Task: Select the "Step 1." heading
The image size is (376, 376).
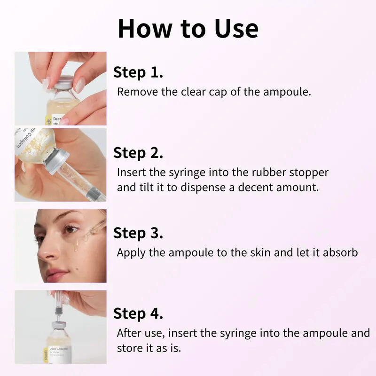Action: [x=138, y=72]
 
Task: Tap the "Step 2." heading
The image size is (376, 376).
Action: [x=138, y=153]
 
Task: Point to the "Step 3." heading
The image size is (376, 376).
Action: [x=138, y=233]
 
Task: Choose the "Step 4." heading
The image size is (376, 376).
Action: [x=138, y=313]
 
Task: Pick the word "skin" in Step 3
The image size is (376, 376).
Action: [x=261, y=252]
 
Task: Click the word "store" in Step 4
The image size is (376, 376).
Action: [x=129, y=349]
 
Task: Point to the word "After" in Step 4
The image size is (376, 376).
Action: [x=130, y=333]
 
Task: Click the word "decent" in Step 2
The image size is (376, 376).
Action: [x=257, y=187]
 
